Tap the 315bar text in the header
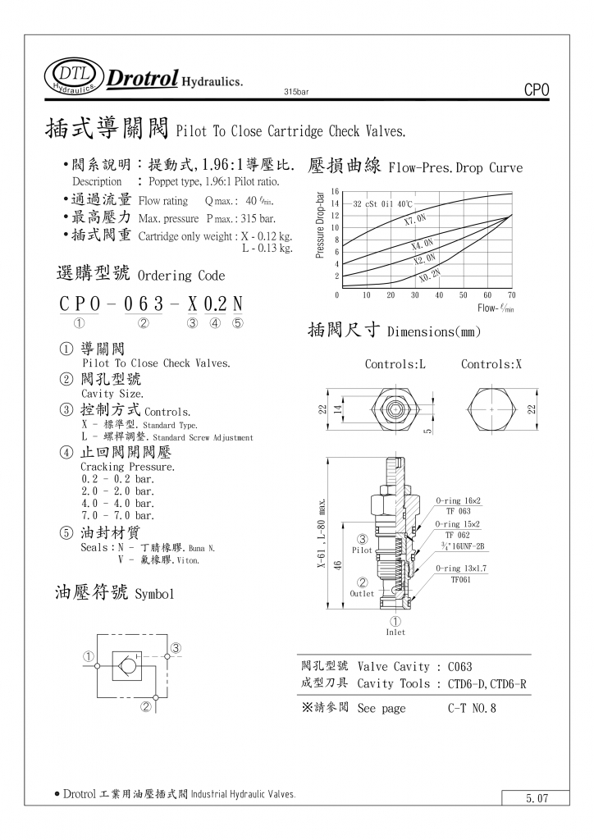coord(295,90)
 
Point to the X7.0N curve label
coord(416,220)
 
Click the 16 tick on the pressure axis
coord(335,191)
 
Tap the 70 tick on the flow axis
coord(512,294)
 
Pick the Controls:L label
coord(395,364)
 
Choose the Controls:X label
coord(491,364)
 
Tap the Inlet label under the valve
coord(395,632)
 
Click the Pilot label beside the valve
coord(363,550)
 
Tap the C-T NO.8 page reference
coord(472,708)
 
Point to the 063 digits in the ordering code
coord(144,304)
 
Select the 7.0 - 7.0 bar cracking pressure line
coord(117,515)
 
